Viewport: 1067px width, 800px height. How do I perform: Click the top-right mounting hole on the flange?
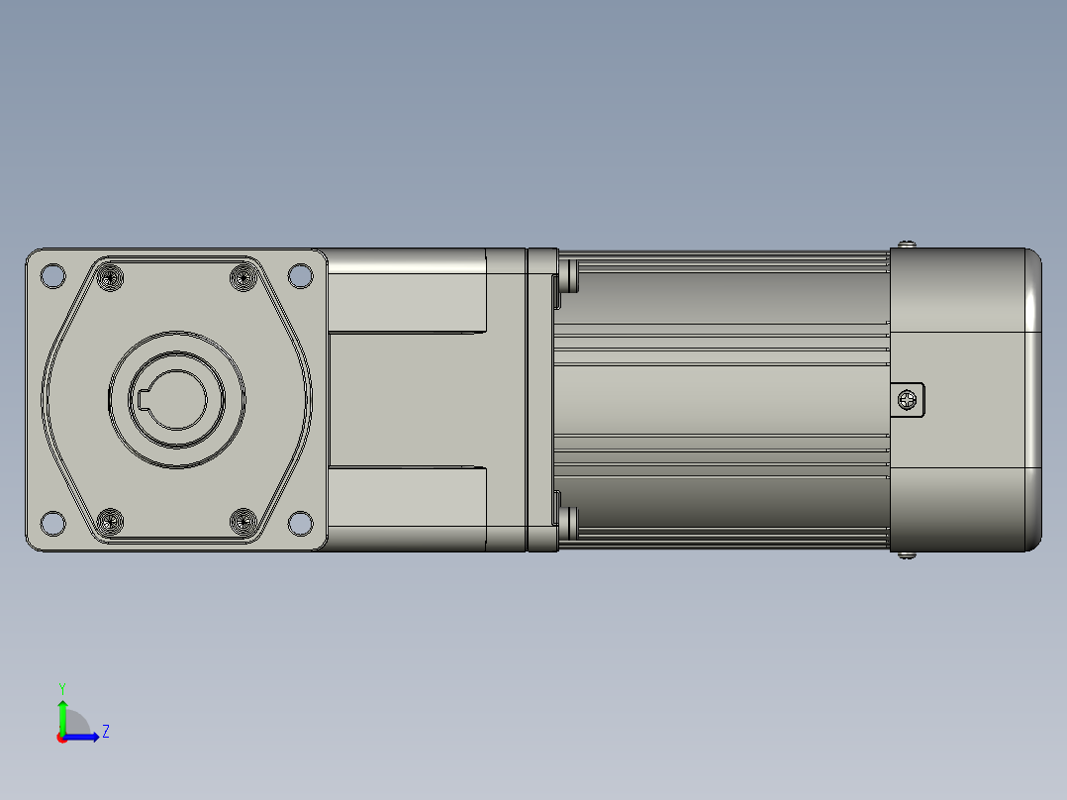click(x=299, y=276)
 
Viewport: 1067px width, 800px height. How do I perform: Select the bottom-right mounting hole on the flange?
click(x=299, y=521)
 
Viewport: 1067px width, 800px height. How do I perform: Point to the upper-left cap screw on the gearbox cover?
click(x=110, y=278)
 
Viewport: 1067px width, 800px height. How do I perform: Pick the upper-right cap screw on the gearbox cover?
click(x=242, y=278)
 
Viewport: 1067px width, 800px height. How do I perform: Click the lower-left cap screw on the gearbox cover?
click(x=110, y=519)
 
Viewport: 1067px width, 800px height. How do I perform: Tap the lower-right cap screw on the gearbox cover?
click(x=242, y=519)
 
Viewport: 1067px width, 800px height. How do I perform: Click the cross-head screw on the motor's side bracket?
click(x=908, y=400)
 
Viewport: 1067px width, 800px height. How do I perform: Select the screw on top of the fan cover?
click(x=908, y=244)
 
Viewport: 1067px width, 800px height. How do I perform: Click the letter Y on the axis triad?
click(x=61, y=687)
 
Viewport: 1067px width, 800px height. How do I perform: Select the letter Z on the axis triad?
click(x=106, y=732)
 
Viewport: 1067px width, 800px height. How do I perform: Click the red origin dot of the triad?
click(x=62, y=738)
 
